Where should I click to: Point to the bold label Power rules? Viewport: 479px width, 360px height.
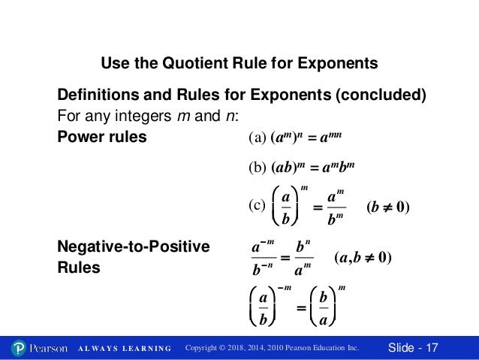click(102, 138)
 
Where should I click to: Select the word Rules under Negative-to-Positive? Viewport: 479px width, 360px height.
click(79, 267)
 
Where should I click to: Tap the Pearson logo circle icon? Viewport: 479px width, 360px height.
click(20, 348)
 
